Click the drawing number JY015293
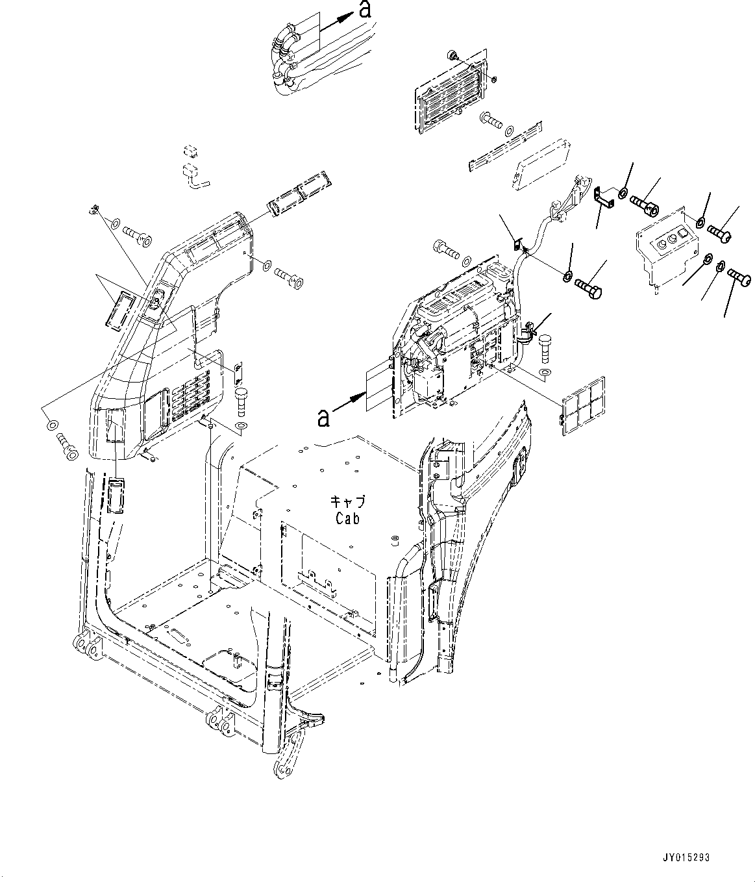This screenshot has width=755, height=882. click(686, 857)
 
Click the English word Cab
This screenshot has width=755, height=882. click(347, 518)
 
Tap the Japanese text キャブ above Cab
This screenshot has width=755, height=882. click(348, 502)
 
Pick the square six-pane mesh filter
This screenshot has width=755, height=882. click(583, 404)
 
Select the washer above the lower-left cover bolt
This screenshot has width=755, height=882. click(51, 425)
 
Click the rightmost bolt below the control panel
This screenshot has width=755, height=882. click(739, 279)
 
